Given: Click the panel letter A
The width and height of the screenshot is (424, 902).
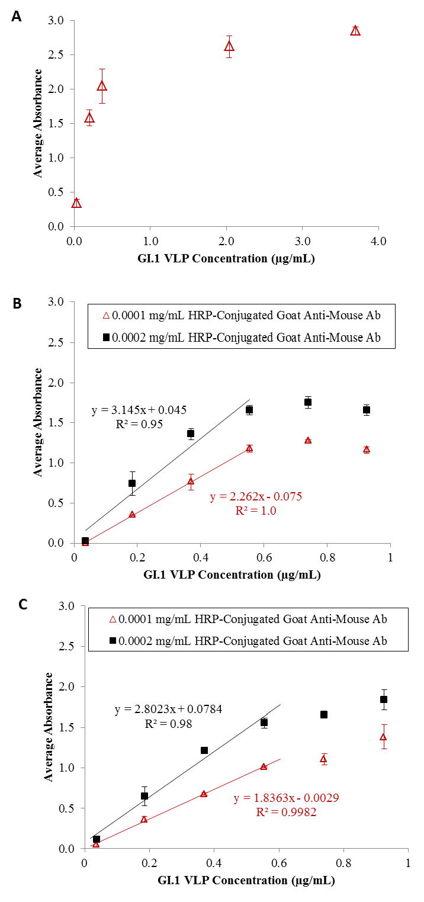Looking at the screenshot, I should click(17, 17).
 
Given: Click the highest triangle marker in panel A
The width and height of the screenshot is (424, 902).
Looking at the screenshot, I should click(355, 30).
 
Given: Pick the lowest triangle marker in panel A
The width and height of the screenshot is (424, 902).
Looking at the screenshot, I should click(76, 203).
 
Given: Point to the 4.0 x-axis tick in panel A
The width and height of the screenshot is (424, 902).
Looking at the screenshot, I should click(378, 242).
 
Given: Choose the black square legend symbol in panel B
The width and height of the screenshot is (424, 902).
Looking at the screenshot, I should click(107, 337).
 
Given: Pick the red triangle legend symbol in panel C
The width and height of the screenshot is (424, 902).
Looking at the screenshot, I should click(113, 620).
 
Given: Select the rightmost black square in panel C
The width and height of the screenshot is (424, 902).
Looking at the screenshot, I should click(384, 699).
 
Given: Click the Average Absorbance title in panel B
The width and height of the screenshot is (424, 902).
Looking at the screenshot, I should click(37, 422).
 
